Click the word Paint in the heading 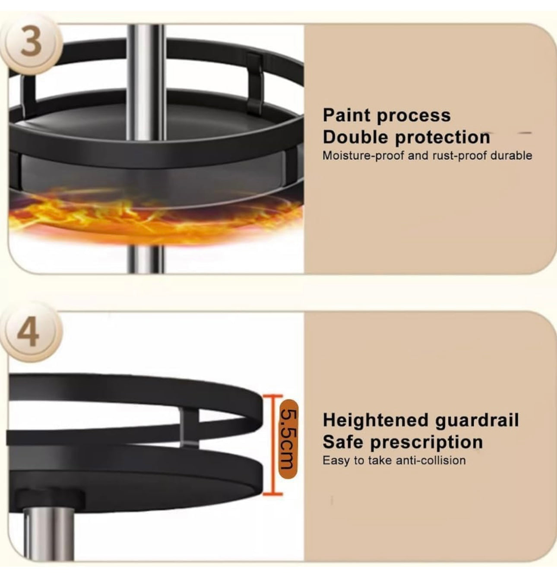pos(346,115)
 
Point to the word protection pos(443,138)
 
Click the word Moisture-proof pos(364,156)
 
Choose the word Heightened pos(376,421)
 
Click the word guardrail pos(477,421)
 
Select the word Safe pos(342,442)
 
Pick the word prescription pos(427,443)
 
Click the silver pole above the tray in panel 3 pos(146,83)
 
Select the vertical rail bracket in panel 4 pos(189,428)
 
